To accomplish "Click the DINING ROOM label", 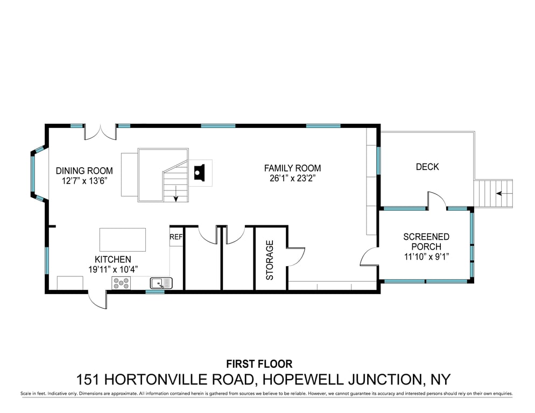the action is point(85,170).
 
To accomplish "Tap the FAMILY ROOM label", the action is point(292,168).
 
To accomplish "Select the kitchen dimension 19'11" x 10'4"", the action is point(113,269).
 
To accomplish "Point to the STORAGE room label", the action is point(270,260).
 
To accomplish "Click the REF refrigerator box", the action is point(176,237).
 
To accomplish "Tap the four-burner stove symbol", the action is point(122,283).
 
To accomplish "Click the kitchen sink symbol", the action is point(161,283).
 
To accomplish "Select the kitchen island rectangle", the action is point(123,240).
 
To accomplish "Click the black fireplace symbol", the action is point(199,172).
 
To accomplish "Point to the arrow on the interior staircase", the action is point(176,194).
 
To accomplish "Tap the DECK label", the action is point(427,167).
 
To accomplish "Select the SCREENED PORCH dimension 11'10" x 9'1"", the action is point(426,257).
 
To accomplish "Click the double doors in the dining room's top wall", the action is point(101,132).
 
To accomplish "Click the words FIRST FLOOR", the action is point(259,364).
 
